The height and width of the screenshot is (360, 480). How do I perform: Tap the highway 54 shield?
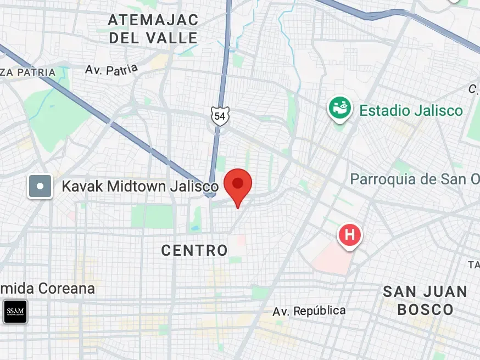coord(220,116)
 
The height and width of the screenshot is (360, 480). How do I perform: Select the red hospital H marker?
coord(350,235)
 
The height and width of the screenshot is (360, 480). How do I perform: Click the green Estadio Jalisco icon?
coord(340,109)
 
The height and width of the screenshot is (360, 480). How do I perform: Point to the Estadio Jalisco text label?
coord(411,111)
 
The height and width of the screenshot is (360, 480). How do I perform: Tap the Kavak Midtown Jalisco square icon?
coord(40,186)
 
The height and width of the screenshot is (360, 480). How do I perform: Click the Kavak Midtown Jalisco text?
coord(139,186)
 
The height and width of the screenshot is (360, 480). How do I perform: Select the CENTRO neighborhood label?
coord(194,251)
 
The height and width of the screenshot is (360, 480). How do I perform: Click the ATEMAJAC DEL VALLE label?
coord(153,29)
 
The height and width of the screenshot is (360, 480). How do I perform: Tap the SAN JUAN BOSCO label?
coord(425,300)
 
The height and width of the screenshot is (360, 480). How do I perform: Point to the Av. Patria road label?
coord(111,69)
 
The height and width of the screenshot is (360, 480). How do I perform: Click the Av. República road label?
coord(309,311)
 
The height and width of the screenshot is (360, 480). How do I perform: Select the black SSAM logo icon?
coord(15,312)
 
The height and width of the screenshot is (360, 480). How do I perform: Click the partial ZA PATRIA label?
coord(28,72)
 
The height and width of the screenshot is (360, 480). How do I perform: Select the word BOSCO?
coord(425,310)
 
